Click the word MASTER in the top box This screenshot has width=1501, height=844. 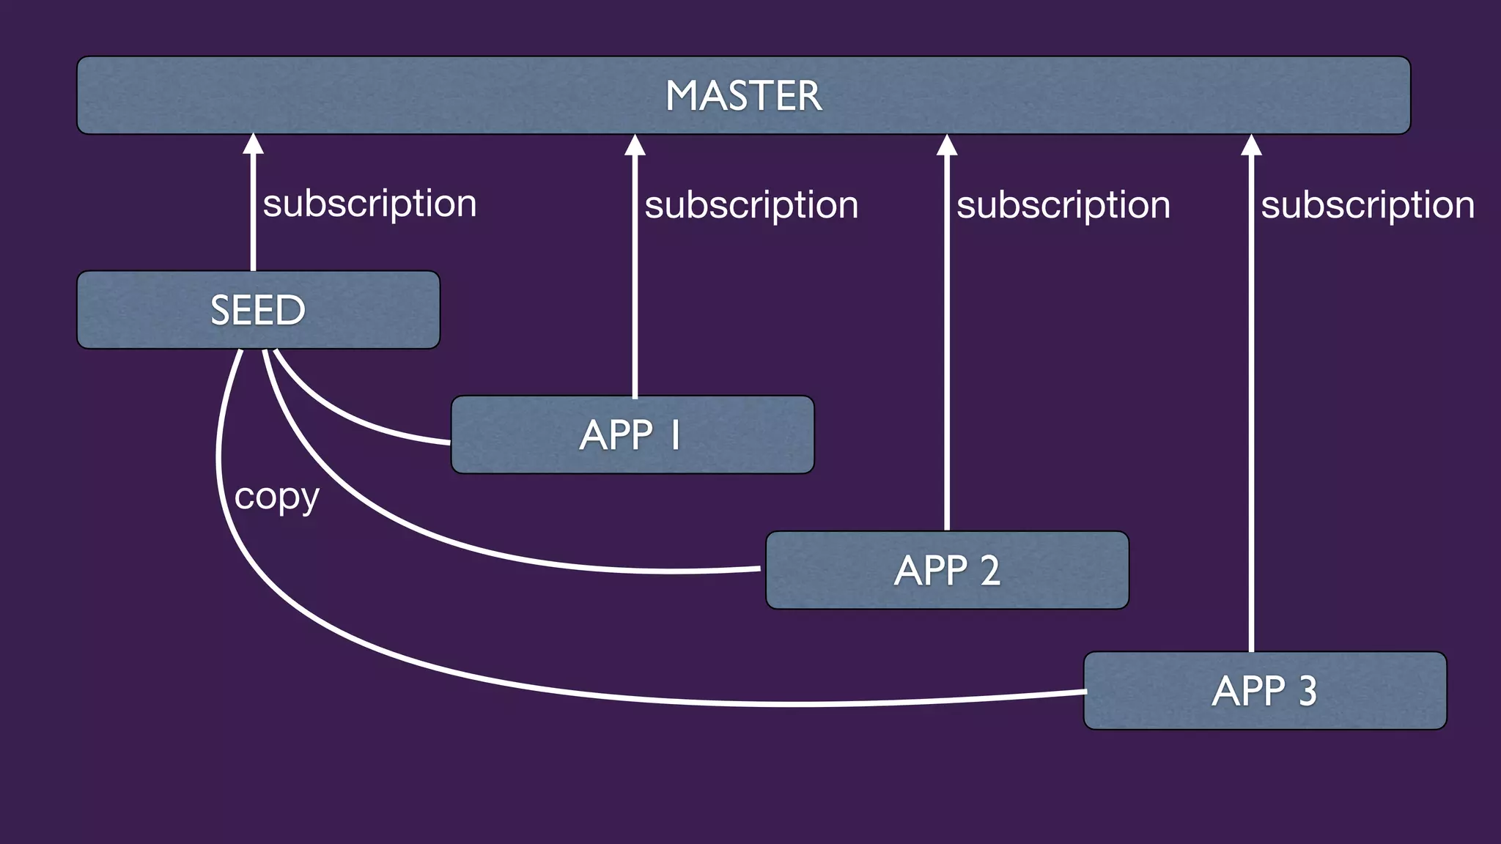pos(743,96)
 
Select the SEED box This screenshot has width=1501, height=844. pos(258,310)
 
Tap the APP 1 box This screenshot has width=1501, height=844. pos(632,435)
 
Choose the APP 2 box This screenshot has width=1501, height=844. pos(947,570)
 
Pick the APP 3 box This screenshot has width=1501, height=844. pos(1265,691)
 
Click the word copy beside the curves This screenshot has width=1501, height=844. pos(276,498)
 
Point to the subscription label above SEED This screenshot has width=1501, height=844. pos(369,203)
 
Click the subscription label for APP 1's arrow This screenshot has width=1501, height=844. pos(751,204)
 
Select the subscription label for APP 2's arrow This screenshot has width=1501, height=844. pos(1063,204)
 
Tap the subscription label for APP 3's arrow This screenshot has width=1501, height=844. pos(1367,204)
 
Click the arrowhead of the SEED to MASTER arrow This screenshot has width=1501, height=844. pos(254,144)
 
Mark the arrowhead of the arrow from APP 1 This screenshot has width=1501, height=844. pos(635,145)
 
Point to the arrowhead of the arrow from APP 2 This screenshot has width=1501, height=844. pos(947,145)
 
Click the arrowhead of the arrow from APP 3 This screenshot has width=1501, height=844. pos(1251,145)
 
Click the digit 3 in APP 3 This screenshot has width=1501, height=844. pos(1308,691)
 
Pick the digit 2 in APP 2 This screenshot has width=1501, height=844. pos(989,570)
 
